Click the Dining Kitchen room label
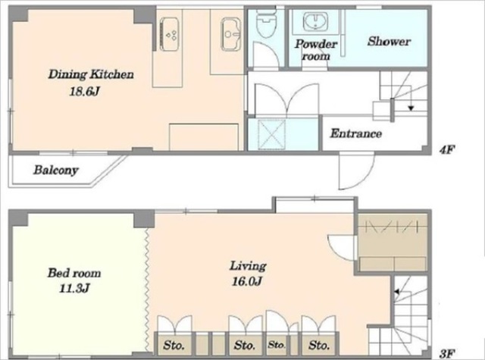(91, 74)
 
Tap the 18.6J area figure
(84, 92)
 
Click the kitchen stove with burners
(169, 34)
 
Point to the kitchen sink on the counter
(230, 34)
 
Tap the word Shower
(389, 42)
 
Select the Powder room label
(315, 50)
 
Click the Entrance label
(355, 133)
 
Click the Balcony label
(56, 170)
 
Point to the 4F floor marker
(446, 150)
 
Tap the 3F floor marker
(447, 353)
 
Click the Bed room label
(74, 273)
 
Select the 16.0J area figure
(247, 281)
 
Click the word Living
(248, 266)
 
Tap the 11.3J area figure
(74, 289)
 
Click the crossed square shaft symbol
(271, 135)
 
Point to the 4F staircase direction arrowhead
(411, 108)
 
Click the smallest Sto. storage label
(277, 345)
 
